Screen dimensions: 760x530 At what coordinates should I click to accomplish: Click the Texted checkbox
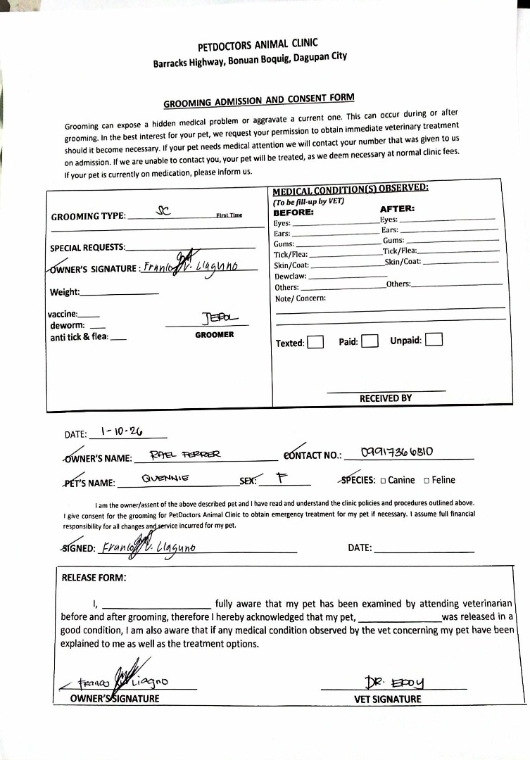(316, 343)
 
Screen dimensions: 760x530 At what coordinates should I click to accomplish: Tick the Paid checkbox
(370, 342)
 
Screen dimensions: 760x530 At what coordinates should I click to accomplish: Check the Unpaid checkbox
(434, 340)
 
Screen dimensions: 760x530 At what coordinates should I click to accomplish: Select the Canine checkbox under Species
(383, 481)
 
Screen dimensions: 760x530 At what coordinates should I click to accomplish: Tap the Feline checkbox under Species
(427, 481)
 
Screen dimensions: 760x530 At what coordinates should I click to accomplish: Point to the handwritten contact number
(396, 452)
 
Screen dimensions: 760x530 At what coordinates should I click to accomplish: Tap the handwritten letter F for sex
(281, 478)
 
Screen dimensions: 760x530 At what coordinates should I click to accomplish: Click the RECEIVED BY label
(386, 398)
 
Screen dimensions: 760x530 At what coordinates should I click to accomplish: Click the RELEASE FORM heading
(94, 578)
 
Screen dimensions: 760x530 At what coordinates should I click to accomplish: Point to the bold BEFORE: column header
(293, 212)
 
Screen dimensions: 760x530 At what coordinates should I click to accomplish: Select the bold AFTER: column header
(397, 208)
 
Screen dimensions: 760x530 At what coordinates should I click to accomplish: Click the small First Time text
(229, 215)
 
